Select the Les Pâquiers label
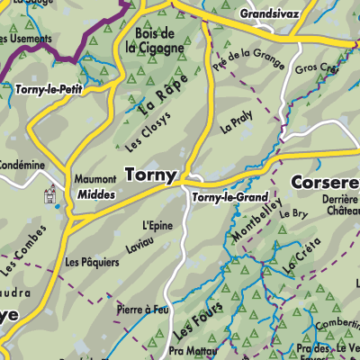92,263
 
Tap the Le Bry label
294,214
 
